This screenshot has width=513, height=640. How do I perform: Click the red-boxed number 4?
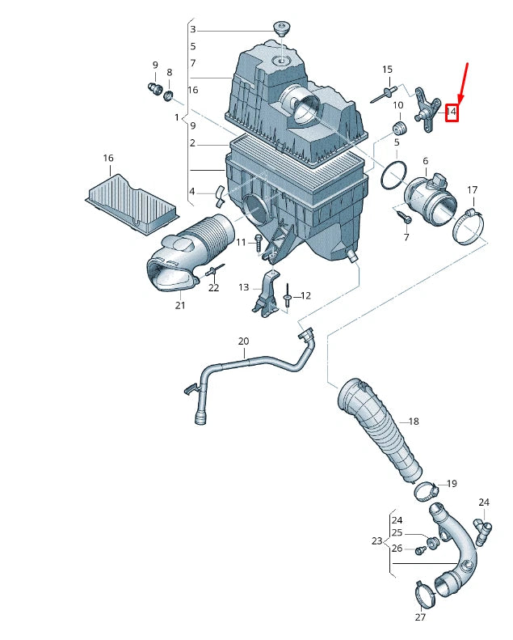point(453,112)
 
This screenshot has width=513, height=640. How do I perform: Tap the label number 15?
point(387,70)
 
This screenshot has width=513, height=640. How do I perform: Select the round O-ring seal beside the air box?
point(393,176)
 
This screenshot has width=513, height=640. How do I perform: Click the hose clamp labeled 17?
point(469,226)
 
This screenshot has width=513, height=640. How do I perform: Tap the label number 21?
point(179,305)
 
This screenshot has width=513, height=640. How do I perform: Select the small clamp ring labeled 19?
point(426,490)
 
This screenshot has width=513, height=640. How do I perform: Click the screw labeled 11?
point(258,242)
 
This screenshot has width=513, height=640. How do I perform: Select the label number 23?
point(376,541)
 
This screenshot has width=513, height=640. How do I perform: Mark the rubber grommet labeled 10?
point(397,129)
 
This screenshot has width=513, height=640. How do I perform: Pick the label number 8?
point(169,73)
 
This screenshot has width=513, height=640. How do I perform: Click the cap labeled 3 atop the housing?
point(282,29)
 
